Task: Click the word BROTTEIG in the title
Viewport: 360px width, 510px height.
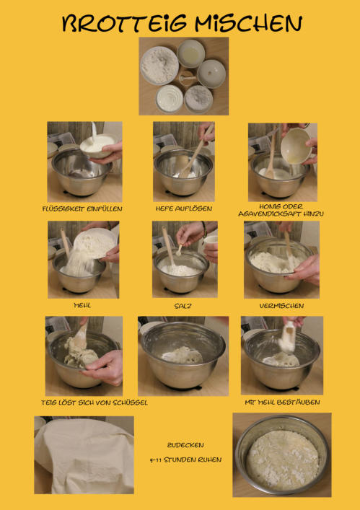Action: click(124, 24)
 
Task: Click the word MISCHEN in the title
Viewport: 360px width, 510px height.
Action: click(248, 24)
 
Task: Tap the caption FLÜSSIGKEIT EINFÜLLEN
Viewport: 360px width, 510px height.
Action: click(82, 208)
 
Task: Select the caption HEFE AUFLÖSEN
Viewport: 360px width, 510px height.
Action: click(184, 208)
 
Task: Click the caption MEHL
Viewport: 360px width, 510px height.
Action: click(82, 305)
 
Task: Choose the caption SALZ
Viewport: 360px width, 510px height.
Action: click(183, 306)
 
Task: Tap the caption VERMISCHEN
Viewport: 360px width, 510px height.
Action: click(281, 306)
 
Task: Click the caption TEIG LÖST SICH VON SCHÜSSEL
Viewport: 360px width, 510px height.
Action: click(95, 403)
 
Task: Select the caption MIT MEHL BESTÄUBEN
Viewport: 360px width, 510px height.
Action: click(282, 403)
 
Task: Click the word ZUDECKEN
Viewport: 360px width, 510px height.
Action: click(185, 445)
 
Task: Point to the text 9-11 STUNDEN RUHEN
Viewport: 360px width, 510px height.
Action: click(185, 460)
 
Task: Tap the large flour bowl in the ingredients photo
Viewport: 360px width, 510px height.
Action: click(159, 66)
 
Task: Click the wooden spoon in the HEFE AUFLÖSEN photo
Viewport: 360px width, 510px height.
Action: click(196, 153)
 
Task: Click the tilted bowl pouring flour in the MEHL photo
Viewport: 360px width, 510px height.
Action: click(95, 244)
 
